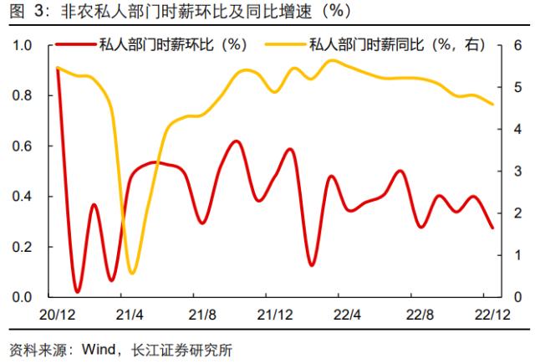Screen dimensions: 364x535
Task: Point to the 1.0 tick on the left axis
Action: (x=23, y=45)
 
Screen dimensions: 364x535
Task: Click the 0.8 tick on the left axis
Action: (x=23, y=95)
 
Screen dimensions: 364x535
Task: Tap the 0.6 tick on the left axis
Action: (x=23, y=146)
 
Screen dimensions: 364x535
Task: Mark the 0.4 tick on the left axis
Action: (x=23, y=197)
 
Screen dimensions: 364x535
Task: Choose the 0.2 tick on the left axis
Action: (x=23, y=247)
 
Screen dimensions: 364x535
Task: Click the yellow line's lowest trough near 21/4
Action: (x=132, y=272)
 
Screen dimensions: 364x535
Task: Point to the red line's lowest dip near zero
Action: (x=77, y=291)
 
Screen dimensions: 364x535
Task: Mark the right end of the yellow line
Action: (x=492, y=105)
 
